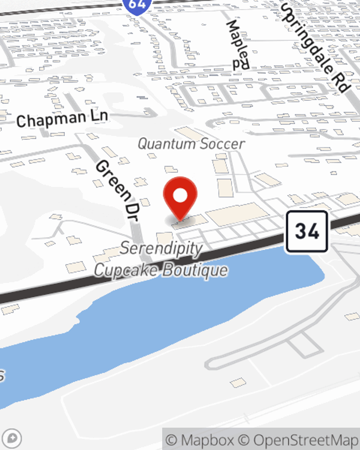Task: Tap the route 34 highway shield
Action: coord(307,231)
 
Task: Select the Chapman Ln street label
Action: coord(62,118)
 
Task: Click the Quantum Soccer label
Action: coord(191,144)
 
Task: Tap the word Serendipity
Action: coord(161,248)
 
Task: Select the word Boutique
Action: coord(195,270)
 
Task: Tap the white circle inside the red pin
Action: coord(180,195)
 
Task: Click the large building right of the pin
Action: coord(238,214)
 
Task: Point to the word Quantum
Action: coord(166,144)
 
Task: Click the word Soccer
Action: coord(222,144)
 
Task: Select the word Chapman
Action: coord(51,120)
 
